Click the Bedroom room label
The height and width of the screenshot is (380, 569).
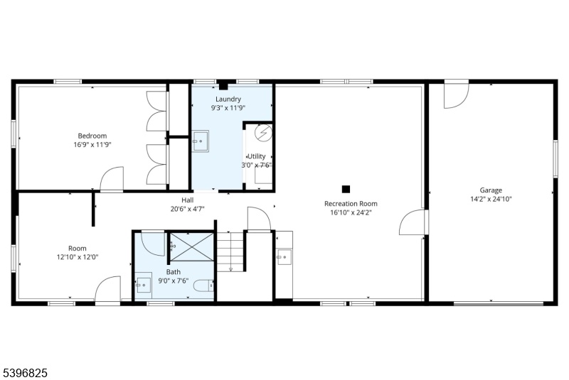click(x=92, y=136)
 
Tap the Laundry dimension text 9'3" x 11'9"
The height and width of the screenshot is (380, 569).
click(x=228, y=107)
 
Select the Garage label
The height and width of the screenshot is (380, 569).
click(x=491, y=190)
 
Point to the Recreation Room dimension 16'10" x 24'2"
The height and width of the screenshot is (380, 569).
click(x=351, y=212)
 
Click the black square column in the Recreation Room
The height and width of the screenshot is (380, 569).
click(x=346, y=189)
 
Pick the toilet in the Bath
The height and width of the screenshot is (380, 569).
click(x=203, y=286)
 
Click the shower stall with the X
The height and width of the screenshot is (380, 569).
click(x=192, y=246)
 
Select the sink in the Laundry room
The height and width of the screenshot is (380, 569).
click(x=200, y=141)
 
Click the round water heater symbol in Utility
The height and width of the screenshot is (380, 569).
click(x=263, y=133)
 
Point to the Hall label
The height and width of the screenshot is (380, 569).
click(x=188, y=200)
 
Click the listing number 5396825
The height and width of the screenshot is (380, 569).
click(x=25, y=373)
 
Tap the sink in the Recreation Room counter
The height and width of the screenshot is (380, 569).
click(x=284, y=257)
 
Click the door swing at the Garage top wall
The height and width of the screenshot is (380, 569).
click(x=456, y=96)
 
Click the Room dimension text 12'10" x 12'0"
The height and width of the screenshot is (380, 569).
click(x=78, y=257)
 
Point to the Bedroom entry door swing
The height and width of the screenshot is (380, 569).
click(x=112, y=178)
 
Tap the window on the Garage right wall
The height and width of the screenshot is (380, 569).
click(x=555, y=158)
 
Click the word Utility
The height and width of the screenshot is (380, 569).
click(x=257, y=156)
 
